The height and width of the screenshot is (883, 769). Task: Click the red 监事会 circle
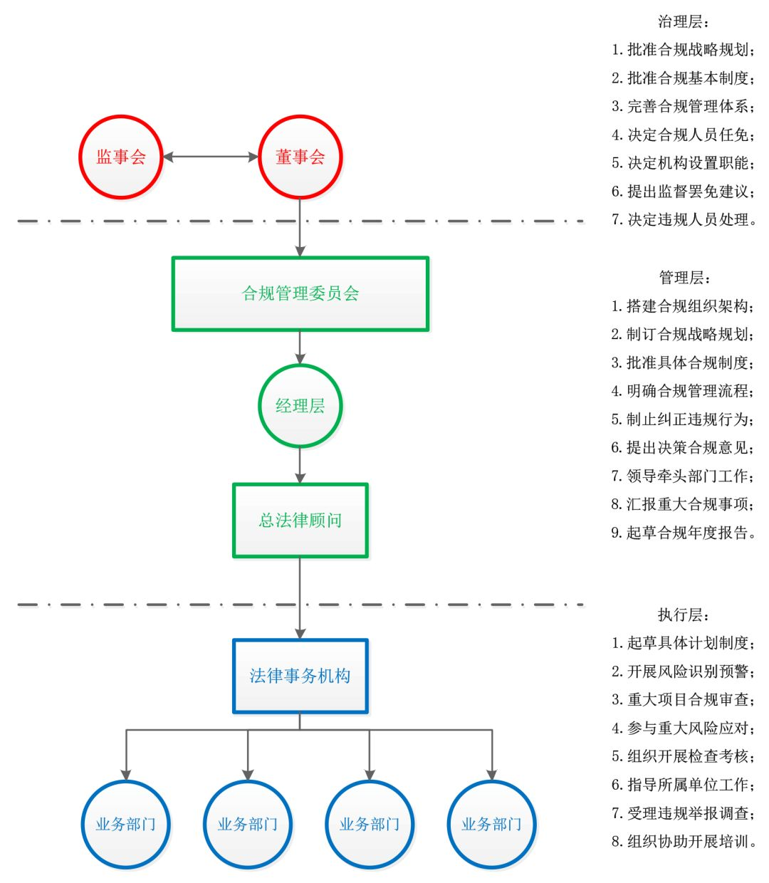pos(121,157)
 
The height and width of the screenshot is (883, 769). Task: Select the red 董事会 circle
pos(300,157)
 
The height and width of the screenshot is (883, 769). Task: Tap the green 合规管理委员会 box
pos(300,293)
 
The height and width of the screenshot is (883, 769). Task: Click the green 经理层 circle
pos(300,406)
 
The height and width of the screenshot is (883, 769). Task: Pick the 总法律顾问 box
pos(300,521)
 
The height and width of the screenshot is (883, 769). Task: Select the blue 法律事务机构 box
pos(300,676)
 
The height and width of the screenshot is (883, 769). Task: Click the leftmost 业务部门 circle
pos(126,825)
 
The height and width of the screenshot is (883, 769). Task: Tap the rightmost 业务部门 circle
pos(491,825)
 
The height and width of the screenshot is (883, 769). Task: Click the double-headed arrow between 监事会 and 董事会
pos(211,157)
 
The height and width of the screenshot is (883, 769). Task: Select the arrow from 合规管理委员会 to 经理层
pos(300,348)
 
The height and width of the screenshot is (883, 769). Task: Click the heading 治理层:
pos(683,22)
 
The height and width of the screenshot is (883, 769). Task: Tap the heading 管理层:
pos(684,278)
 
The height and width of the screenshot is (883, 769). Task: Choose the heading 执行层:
pos(683,615)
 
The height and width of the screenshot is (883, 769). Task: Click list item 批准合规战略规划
pos(683,50)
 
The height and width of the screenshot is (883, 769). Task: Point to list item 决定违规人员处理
pos(683,220)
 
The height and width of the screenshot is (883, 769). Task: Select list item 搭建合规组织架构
pos(683,306)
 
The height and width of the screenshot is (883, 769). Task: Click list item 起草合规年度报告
pos(683,533)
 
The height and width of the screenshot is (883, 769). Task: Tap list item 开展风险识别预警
pos(683,672)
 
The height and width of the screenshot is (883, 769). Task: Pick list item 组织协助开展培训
pos(683,842)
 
